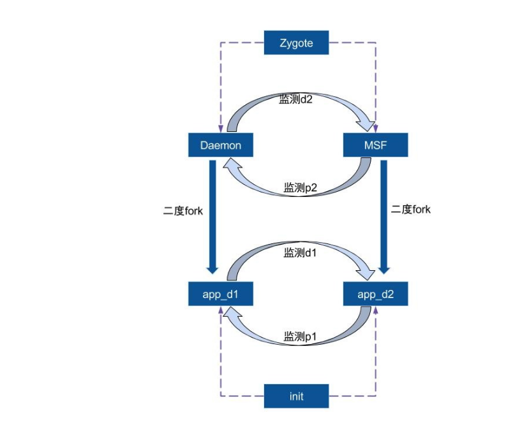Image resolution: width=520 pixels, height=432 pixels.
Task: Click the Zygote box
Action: click(296, 43)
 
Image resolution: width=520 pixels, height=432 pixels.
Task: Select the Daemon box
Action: click(220, 145)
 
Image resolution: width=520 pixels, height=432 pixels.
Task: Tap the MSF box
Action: click(375, 145)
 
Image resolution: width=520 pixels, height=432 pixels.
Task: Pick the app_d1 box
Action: click(220, 294)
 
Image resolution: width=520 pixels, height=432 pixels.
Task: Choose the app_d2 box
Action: click(375, 294)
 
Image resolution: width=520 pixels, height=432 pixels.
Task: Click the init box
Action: click(296, 396)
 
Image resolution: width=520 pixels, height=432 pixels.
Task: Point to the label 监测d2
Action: click(295, 99)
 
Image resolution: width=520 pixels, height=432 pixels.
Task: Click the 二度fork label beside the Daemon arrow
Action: click(183, 210)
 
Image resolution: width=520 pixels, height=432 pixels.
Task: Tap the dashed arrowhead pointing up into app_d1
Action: click(221, 310)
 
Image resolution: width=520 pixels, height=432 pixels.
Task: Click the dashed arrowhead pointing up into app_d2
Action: click(376, 310)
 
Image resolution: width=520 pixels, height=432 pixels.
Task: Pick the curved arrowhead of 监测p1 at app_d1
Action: click(229, 313)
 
